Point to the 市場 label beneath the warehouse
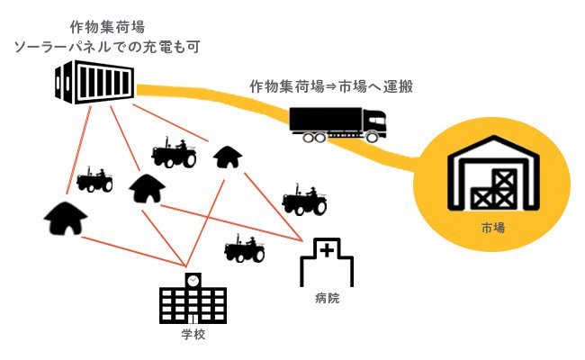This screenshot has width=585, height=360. coord(491,229)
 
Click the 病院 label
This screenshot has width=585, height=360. coord(328,298)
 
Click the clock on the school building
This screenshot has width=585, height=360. coord(193,280)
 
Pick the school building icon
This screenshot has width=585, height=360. coord(193,301)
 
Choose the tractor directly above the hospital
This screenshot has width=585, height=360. coord(303,201)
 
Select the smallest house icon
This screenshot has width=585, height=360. coord(228,157)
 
